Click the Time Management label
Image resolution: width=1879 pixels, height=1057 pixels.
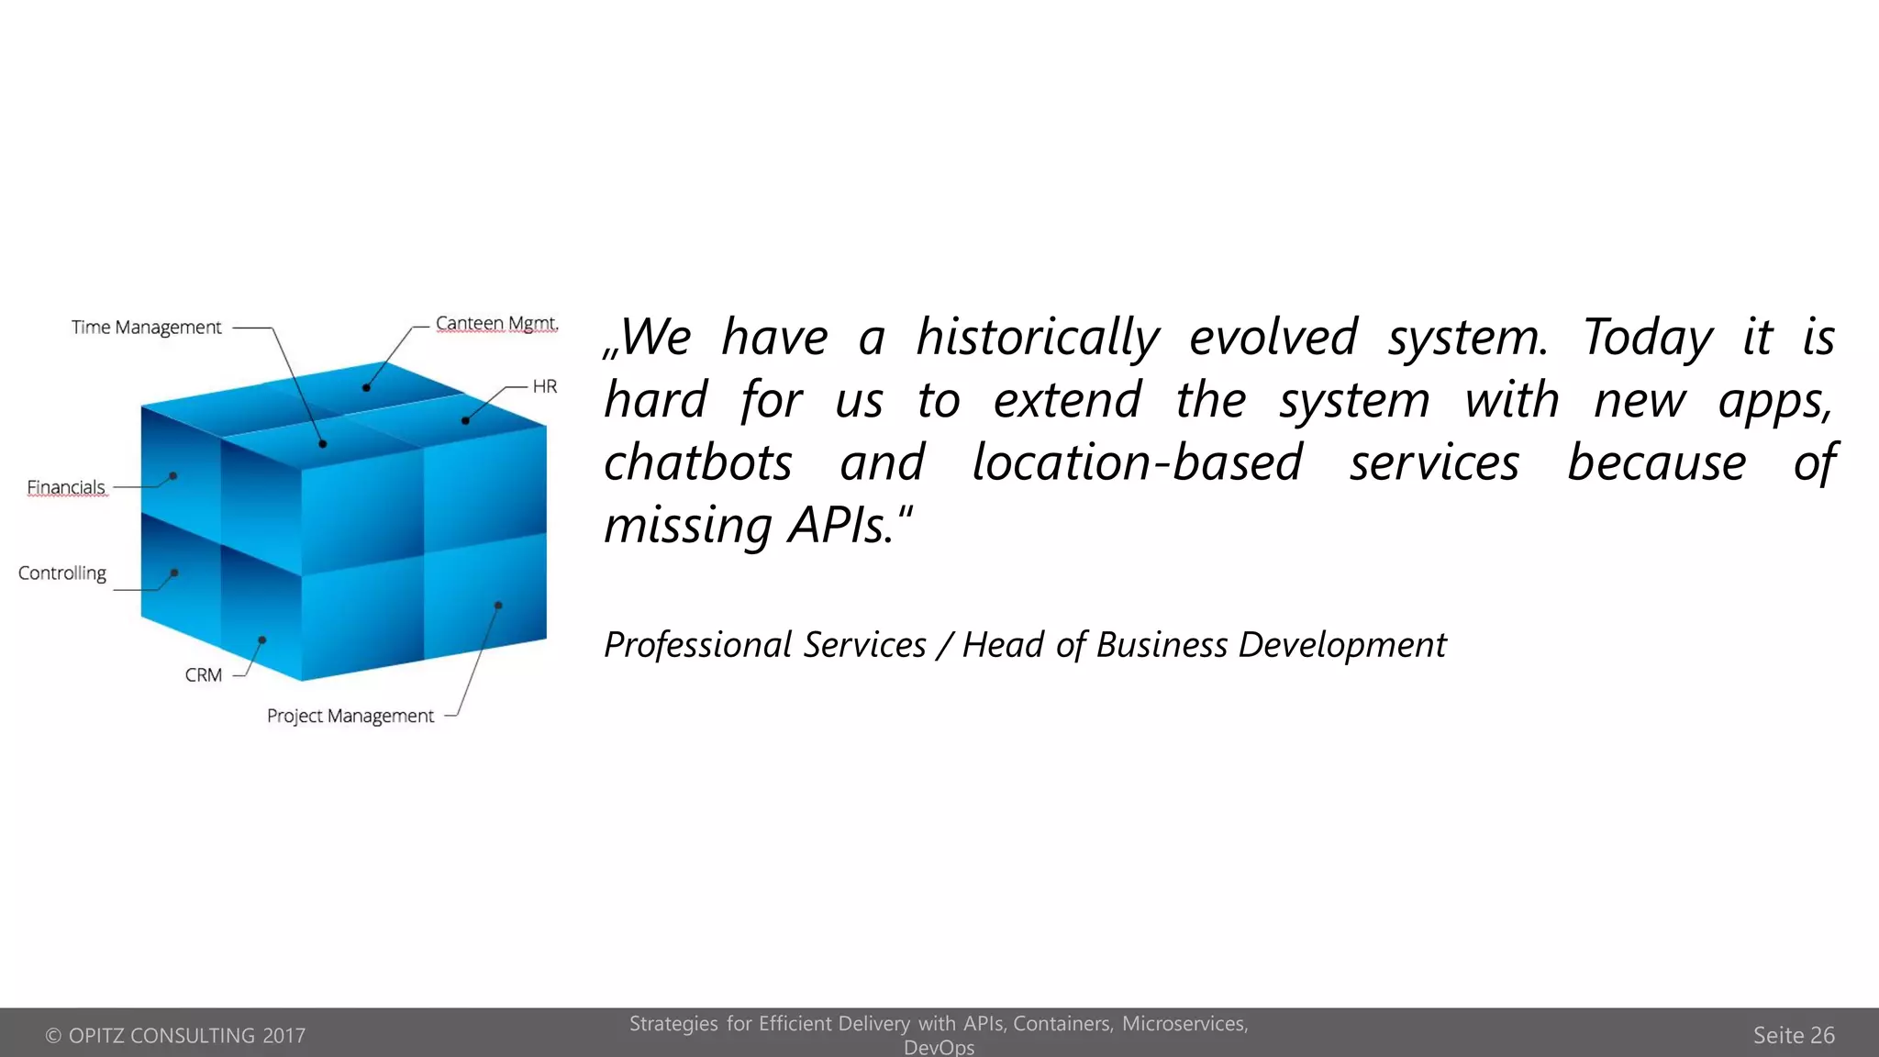pos(147,328)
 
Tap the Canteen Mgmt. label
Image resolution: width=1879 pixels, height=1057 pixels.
pos(496,324)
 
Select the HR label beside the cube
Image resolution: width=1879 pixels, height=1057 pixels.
pos(545,386)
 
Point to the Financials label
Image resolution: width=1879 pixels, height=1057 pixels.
pos(66,487)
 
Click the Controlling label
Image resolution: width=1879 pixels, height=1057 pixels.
pos(62,573)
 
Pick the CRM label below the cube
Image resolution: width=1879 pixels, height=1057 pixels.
pos(204,675)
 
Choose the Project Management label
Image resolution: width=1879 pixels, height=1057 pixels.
pos(350,716)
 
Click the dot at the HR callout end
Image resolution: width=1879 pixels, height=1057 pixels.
pos(465,421)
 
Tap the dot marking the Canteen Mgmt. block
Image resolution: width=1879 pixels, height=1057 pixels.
pos(366,388)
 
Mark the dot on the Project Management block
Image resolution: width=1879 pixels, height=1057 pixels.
pos(498,606)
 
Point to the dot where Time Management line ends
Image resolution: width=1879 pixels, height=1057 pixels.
pos(323,444)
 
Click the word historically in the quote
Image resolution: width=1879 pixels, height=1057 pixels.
pos(1038,338)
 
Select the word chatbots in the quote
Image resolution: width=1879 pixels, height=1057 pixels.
pos(698,462)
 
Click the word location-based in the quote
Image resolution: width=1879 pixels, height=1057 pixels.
pos(1137,462)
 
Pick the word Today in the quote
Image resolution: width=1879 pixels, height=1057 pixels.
pos(1647,338)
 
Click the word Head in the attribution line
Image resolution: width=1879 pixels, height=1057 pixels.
pos(1004,645)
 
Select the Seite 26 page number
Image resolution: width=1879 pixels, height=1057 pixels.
pos(1794,1035)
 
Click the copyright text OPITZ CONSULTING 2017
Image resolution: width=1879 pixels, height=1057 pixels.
pos(175,1036)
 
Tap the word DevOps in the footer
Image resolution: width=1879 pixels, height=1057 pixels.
pos(939,1048)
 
